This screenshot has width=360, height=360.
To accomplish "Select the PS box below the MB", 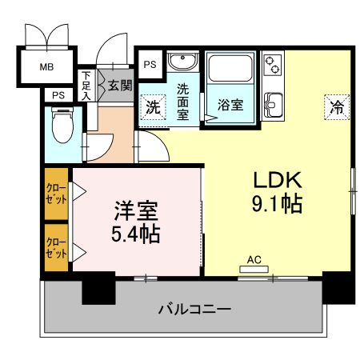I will coord(58,95).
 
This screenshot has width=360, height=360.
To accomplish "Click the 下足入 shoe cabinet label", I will coord(86,86).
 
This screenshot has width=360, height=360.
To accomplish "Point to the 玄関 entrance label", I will coord(120,86).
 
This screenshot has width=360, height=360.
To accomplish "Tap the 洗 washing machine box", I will coord(152,106).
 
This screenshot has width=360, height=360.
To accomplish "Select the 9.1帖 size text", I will coord(277,204).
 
